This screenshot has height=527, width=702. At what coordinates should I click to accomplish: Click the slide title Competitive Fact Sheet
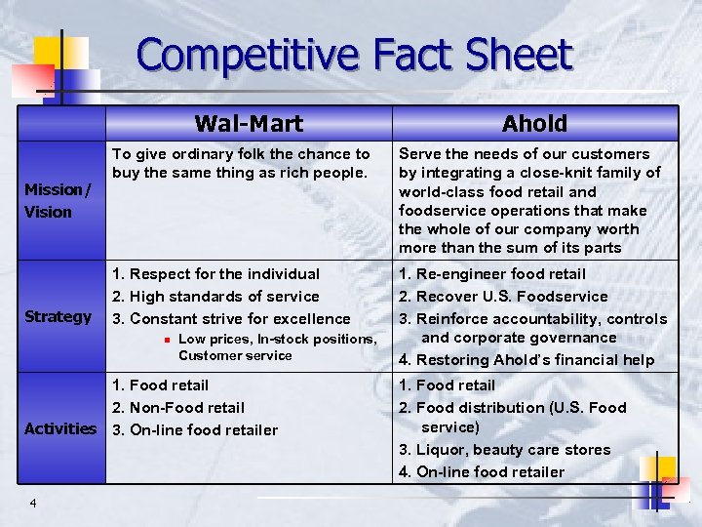click(x=354, y=56)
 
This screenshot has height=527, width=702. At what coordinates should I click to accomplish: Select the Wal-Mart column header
click(x=249, y=123)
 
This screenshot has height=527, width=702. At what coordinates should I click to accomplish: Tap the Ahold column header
click(x=533, y=123)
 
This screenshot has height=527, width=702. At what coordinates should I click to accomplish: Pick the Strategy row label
click(x=58, y=316)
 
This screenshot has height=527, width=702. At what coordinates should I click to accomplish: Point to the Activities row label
click(x=60, y=428)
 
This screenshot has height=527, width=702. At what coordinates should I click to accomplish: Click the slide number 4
click(x=33, y=503)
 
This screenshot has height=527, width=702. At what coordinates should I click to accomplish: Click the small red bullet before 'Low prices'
click(x=167, y=340)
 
